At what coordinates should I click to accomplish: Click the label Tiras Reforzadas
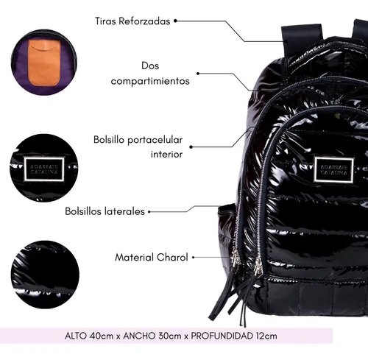132,21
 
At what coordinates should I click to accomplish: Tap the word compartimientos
150,81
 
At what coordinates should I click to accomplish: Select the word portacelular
155,140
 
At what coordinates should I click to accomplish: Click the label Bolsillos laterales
105,211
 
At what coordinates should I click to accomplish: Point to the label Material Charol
152,257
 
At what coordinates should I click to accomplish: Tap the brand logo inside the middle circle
44,169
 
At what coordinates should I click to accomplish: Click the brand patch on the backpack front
334,170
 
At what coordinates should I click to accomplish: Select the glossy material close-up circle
45,275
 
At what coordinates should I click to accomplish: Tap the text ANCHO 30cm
152,336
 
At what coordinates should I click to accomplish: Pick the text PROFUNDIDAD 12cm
234,336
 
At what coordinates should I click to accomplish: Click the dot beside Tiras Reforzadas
175,21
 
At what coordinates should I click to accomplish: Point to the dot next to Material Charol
194,258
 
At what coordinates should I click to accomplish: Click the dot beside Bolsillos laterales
149,211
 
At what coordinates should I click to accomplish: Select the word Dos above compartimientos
150,66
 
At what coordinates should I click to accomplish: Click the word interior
166,155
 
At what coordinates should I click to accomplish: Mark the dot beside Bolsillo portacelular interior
191,147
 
